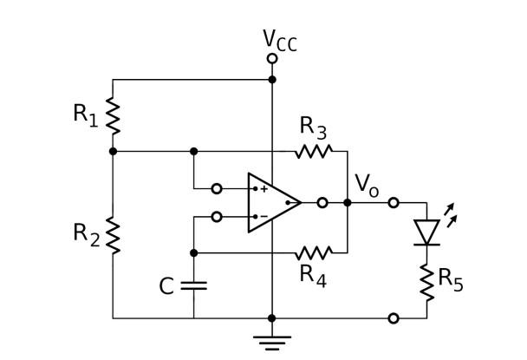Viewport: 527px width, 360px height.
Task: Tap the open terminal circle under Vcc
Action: pyautogui.click(x=272, y=59)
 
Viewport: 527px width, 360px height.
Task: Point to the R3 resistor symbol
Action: pyautogui.click(x=313, y=151)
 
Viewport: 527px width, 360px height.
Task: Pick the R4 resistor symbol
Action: pyautogui.click(x=313, y=253)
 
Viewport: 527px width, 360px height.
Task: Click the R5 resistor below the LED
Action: pyautogui.click(x=426, y=282)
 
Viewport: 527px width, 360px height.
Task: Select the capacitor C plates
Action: pyautogui.click(x=193, y=285)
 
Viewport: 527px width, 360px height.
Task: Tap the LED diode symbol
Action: pyautogui.click(x=426, y=232)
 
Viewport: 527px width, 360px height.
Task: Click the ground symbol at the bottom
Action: pyautogui.click(x=272, y=340)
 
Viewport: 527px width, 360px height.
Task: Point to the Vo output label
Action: pyautogui.click(x=366, y=184)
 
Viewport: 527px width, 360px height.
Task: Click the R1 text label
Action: pyautogui.click(x=85, y=115)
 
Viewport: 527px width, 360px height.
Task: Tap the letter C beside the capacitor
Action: pyautogui.click(x=167, y=286)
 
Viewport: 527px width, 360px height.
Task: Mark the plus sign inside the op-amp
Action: pyautogui.click(x=263, y=188)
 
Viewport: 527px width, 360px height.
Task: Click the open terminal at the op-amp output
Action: pyautogui.click(x=322, y=203)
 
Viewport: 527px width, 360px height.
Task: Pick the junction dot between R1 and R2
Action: pyautogui.click(x=113, y=151)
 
